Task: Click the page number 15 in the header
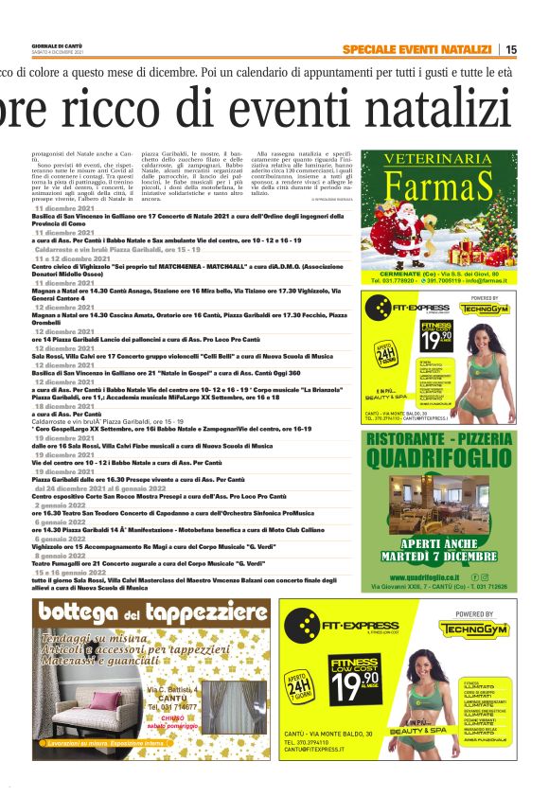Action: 510,49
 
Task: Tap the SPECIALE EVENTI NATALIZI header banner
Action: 416,49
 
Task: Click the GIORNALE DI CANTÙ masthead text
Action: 59,45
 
